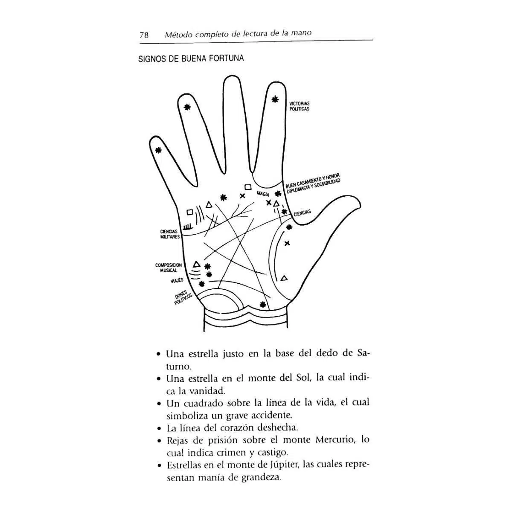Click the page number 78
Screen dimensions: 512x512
(144, 35)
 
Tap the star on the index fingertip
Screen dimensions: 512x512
(275, 99)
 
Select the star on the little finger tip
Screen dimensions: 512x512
(158, 150)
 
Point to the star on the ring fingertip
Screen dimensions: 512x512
(186, 108)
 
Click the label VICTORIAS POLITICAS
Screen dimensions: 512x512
(299, 106)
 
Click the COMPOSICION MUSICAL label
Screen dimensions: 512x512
(168, 268)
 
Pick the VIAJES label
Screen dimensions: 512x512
(177, 280)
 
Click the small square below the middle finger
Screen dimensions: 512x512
(247, 187)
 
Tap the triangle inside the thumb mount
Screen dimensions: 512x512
(284, 278)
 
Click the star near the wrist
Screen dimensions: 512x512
(263, 304)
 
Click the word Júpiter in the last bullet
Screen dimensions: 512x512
(286, 465)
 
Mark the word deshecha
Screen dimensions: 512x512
(278, 427)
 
